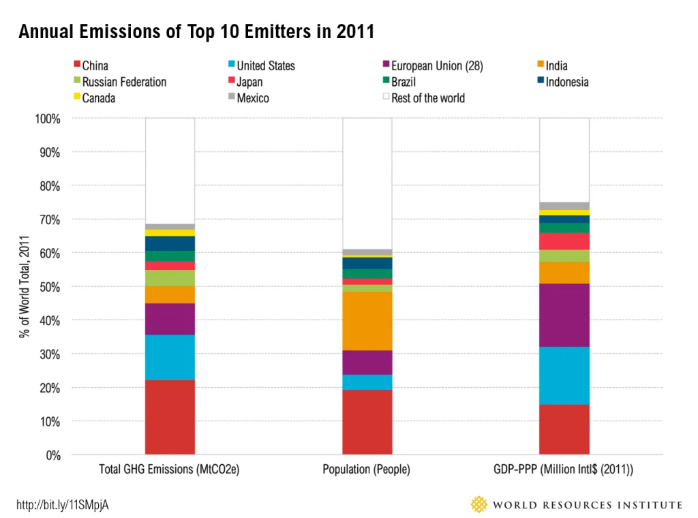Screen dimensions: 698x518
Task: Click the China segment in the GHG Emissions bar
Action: pyautogui.click(x=170, y=416)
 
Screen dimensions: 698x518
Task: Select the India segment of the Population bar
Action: pyautogui.click(x=367, y=321)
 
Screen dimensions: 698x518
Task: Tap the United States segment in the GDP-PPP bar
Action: pyautogui.click(x=564, y=376)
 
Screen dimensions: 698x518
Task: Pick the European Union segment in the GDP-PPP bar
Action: pyautogui.click(x=564, y=315)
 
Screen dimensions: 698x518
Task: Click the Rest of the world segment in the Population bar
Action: pyautogui.click(x=367, y=184)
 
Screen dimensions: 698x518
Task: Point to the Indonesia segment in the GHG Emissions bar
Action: pyautogui.click(x=170, y=243)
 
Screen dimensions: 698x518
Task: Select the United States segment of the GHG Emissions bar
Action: pyautogui.click(x=170, y=357)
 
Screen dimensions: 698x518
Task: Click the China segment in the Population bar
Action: pyautogui.click(x=367, y=422)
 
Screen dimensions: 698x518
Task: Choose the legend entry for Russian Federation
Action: pyautogui.click(x=120, y=82)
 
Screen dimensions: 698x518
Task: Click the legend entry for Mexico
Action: pyautogui.click(x=248, y=98)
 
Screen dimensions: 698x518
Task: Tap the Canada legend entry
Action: pyautogui.click(x=94, y=98)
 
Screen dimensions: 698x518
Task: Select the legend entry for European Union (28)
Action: pyautogui.click(x=433, y=66)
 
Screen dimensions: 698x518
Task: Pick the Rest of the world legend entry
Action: pyautogui.click(x=424, y=98)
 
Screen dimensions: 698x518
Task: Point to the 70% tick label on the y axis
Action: pyautogui.click(x=49, y=219)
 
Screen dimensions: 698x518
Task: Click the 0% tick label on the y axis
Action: pyautogui.click(x=53, y=455)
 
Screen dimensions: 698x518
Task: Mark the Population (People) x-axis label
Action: pyautogui.click(x=366, y=469)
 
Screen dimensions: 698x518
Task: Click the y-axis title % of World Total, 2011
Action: pyautogui.click(x=24, y=286)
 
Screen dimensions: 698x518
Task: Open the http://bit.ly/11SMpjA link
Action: pyautogui.click(x=62, y=504)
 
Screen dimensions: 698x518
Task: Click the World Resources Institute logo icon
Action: pyautogui.click(x=479, y=504)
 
